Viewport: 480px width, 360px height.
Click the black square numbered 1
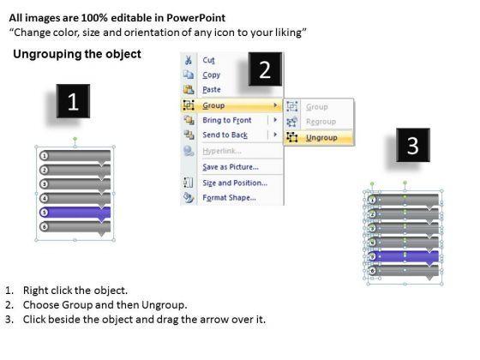point(73,101)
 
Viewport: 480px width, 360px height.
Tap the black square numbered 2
point(265,69)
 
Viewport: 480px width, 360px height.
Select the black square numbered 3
point(413,145)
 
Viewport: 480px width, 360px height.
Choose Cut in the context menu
point(208,60)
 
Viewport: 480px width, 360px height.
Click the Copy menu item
point(211,75)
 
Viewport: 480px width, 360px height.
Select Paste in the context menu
point(212,90)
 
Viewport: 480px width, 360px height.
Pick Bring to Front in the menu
point(227,120)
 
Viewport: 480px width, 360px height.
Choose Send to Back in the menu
point(225,135)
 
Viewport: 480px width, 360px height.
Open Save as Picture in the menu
point(231,167)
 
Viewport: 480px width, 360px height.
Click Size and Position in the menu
point(235,183)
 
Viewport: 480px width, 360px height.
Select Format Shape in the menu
point(230,197)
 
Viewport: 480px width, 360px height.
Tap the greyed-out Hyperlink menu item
point(222,151)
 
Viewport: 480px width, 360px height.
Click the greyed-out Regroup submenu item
point(321,122)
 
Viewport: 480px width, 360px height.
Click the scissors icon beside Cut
point(189,60)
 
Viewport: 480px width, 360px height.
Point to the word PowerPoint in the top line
point(196,18)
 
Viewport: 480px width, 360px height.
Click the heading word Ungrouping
point(47,54)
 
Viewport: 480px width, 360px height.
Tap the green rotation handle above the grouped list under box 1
point(75,139)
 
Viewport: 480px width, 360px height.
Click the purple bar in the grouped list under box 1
point(75,213)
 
